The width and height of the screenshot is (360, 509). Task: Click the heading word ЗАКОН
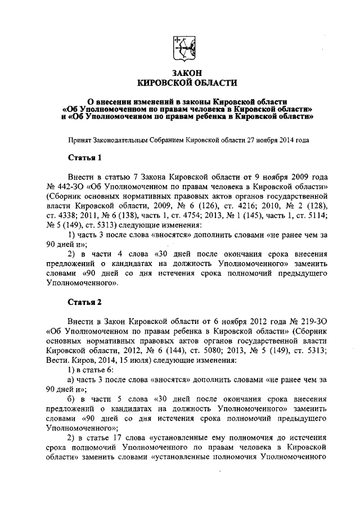(x=180, y=73)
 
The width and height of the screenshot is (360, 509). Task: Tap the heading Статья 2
(x=84, y=302)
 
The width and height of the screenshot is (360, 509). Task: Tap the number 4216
(x=240, y=205)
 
